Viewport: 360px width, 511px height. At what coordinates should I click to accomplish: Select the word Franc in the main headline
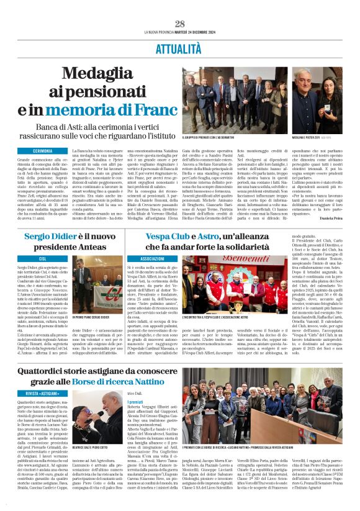[x=146, y=110]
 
